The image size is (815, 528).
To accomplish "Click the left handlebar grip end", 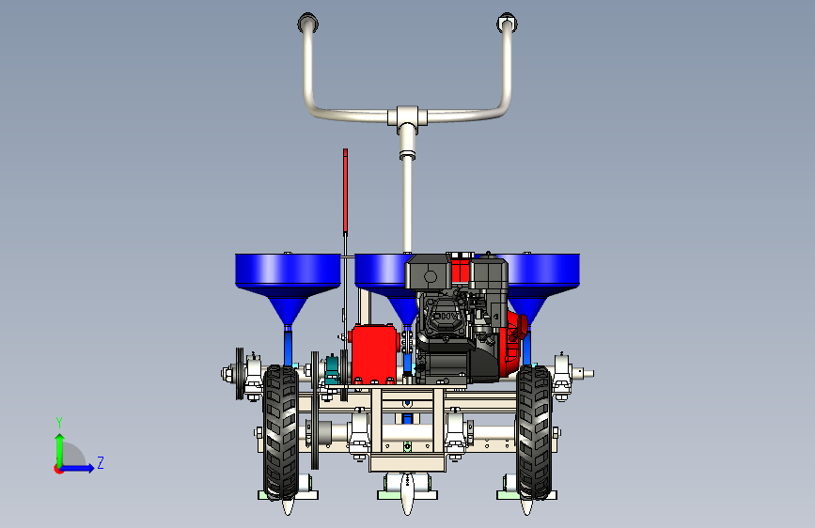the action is click(x=307, y=23).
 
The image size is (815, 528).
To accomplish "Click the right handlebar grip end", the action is click(x=508, y=23).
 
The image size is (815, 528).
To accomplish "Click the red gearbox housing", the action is click(x=374, y=353).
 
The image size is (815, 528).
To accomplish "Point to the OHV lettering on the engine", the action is click(x=445, y=316).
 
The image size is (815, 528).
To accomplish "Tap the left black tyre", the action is click(x=281, y=432).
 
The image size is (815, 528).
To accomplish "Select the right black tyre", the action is click(x=534, y=432).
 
